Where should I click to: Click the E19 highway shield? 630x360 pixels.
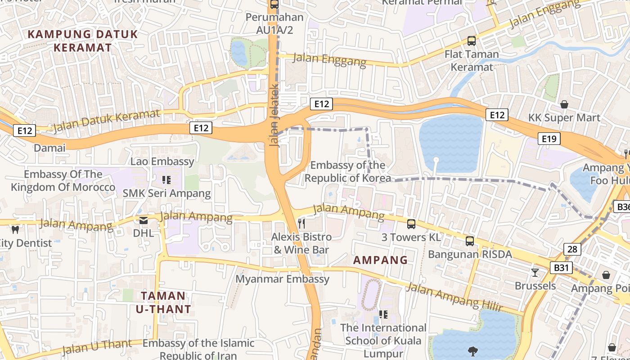[549, 139]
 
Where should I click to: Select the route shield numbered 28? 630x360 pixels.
[572, 249]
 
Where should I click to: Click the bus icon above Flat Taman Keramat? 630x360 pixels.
[471, 41]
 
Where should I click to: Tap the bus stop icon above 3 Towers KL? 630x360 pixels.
[411, 224]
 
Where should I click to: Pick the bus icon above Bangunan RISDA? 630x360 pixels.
[470, 241]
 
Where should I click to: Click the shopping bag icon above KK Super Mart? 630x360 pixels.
[564, 104]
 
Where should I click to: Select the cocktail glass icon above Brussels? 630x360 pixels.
[535, 272]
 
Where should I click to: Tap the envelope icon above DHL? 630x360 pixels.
[143, 220]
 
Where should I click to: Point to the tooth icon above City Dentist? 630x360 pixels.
[15, 229]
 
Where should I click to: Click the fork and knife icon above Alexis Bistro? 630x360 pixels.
[301, 223]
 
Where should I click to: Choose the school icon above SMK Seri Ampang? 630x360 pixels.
[166, 180]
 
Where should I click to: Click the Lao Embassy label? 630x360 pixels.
[162, 161]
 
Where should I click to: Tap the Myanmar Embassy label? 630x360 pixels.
[283, 279]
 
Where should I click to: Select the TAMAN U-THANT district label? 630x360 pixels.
[163, 302]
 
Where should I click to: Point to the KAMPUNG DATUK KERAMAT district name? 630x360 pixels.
[82, 40]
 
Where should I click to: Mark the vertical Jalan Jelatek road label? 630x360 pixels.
[274, 115]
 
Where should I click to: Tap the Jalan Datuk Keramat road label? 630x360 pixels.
[106, 121]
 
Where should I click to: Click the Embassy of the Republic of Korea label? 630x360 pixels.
[347, 171]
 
